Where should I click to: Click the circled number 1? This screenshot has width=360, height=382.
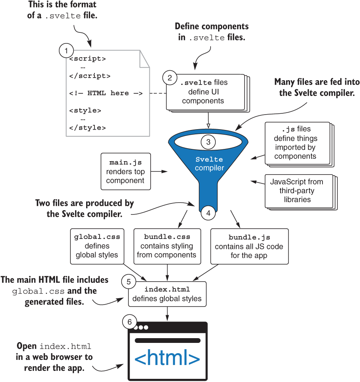point(66,51)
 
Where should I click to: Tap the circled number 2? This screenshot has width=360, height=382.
point(170,77)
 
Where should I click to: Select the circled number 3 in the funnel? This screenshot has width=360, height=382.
point(208,141)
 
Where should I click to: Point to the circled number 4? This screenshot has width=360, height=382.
point(208,213)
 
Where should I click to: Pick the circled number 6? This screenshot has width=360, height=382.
point(129,322)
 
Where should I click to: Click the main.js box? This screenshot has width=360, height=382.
point(125,171)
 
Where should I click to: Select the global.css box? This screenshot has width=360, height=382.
point(97,246)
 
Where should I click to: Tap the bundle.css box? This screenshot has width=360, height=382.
point(167,246)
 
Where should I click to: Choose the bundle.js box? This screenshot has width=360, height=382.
point(249,246)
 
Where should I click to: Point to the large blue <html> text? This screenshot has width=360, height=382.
point(167,358)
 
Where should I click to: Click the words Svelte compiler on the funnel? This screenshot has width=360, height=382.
point(209,164)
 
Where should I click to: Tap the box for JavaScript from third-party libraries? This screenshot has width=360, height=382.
point(296,191)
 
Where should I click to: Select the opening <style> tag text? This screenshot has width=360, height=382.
point(85,111)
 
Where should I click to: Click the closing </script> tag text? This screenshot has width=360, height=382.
point(90,76)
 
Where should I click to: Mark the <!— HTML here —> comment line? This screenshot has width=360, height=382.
point(106,93)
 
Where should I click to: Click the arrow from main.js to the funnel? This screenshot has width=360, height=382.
point(159,171)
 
